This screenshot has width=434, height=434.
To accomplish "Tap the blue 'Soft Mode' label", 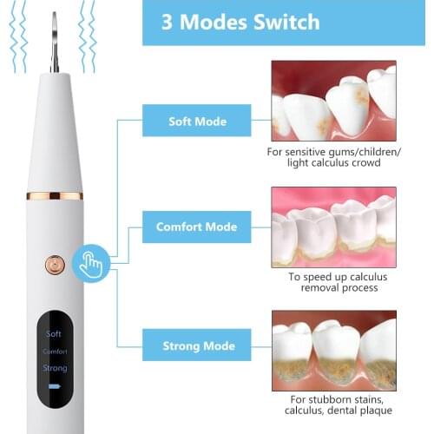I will coord(196,121).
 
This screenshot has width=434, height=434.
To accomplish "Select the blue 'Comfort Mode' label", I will coord(196,227).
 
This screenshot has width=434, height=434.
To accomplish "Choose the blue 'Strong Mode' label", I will coord(196,346).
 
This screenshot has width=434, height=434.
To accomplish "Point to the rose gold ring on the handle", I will coord(55,195).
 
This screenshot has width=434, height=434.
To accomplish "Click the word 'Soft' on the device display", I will coord(54,333).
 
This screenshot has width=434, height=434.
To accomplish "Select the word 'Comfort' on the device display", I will coord(54,352).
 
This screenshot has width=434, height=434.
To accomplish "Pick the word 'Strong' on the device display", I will coord(54,368).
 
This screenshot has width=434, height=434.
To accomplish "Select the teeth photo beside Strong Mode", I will coord(333,351).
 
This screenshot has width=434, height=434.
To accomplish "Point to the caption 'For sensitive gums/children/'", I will coord(333,152).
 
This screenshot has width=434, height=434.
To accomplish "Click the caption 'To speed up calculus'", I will coord(333,276).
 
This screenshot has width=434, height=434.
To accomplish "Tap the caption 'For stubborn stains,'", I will coord(333,400).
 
